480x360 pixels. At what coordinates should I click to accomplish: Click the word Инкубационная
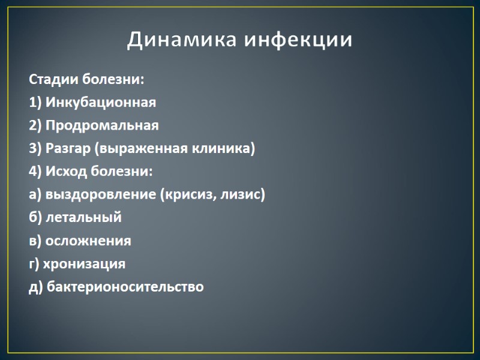coord(101,103)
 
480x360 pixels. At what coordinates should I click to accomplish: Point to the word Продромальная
coord(102,125)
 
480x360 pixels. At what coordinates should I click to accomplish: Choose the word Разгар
coord(67,149)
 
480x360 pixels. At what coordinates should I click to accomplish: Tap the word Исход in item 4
coord(66,172)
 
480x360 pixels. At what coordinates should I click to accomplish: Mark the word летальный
coord(83,218)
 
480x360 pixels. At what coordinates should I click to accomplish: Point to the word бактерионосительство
coord(125,287)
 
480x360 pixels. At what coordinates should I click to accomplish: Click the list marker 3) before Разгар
coord(35,149)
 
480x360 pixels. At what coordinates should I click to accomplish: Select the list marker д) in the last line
coord(35,287)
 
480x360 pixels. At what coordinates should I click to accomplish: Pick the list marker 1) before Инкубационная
coord(35,103)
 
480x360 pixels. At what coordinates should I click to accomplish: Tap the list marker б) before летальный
coord(35,218)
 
